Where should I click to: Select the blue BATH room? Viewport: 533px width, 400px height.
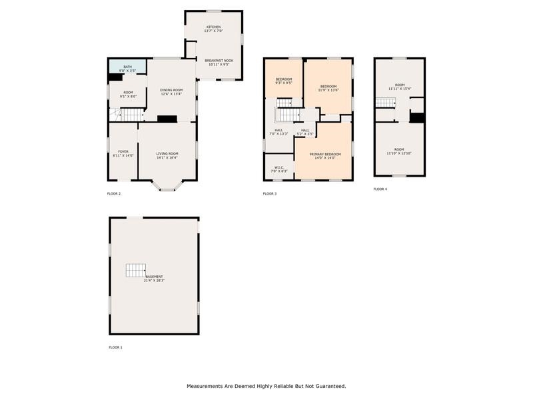tap(127, 68)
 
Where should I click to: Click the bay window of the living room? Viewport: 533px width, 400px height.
tap(167, 187)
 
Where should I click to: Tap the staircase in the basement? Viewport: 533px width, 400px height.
tap(136, 270)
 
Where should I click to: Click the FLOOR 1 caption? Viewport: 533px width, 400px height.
tap(115, 347)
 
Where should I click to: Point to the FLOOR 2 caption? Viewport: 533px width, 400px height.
tap(114, 194)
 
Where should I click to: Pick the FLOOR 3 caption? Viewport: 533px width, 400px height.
tap(270, 194)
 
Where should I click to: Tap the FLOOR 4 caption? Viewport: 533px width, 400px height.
tap(380, 189)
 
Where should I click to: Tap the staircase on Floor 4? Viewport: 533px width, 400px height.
tap(386, 102)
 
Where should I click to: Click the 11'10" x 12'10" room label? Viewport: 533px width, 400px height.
tap(399, 151)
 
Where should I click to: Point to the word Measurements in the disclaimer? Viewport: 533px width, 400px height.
tap(208, 386)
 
